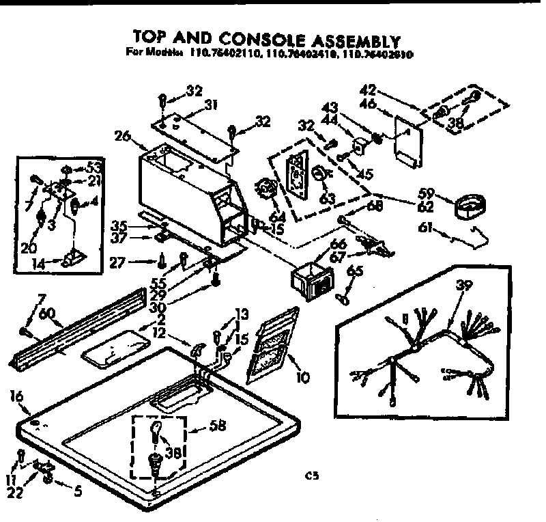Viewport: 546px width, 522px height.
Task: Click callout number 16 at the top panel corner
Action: [18, 396]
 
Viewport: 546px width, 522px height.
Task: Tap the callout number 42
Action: [368, 89]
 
